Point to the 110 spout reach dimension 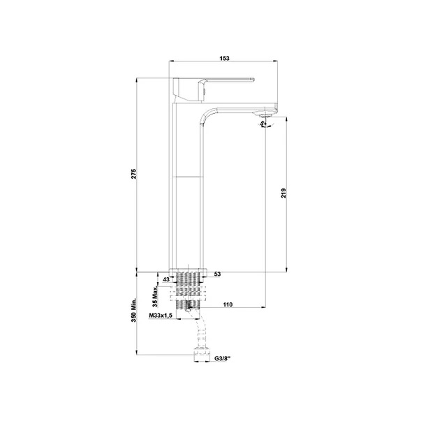pos(228,305)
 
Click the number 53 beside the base pos(218,274)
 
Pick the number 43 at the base pos(165,279)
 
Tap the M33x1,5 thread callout pos(162,316)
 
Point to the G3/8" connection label pos(224,358)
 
